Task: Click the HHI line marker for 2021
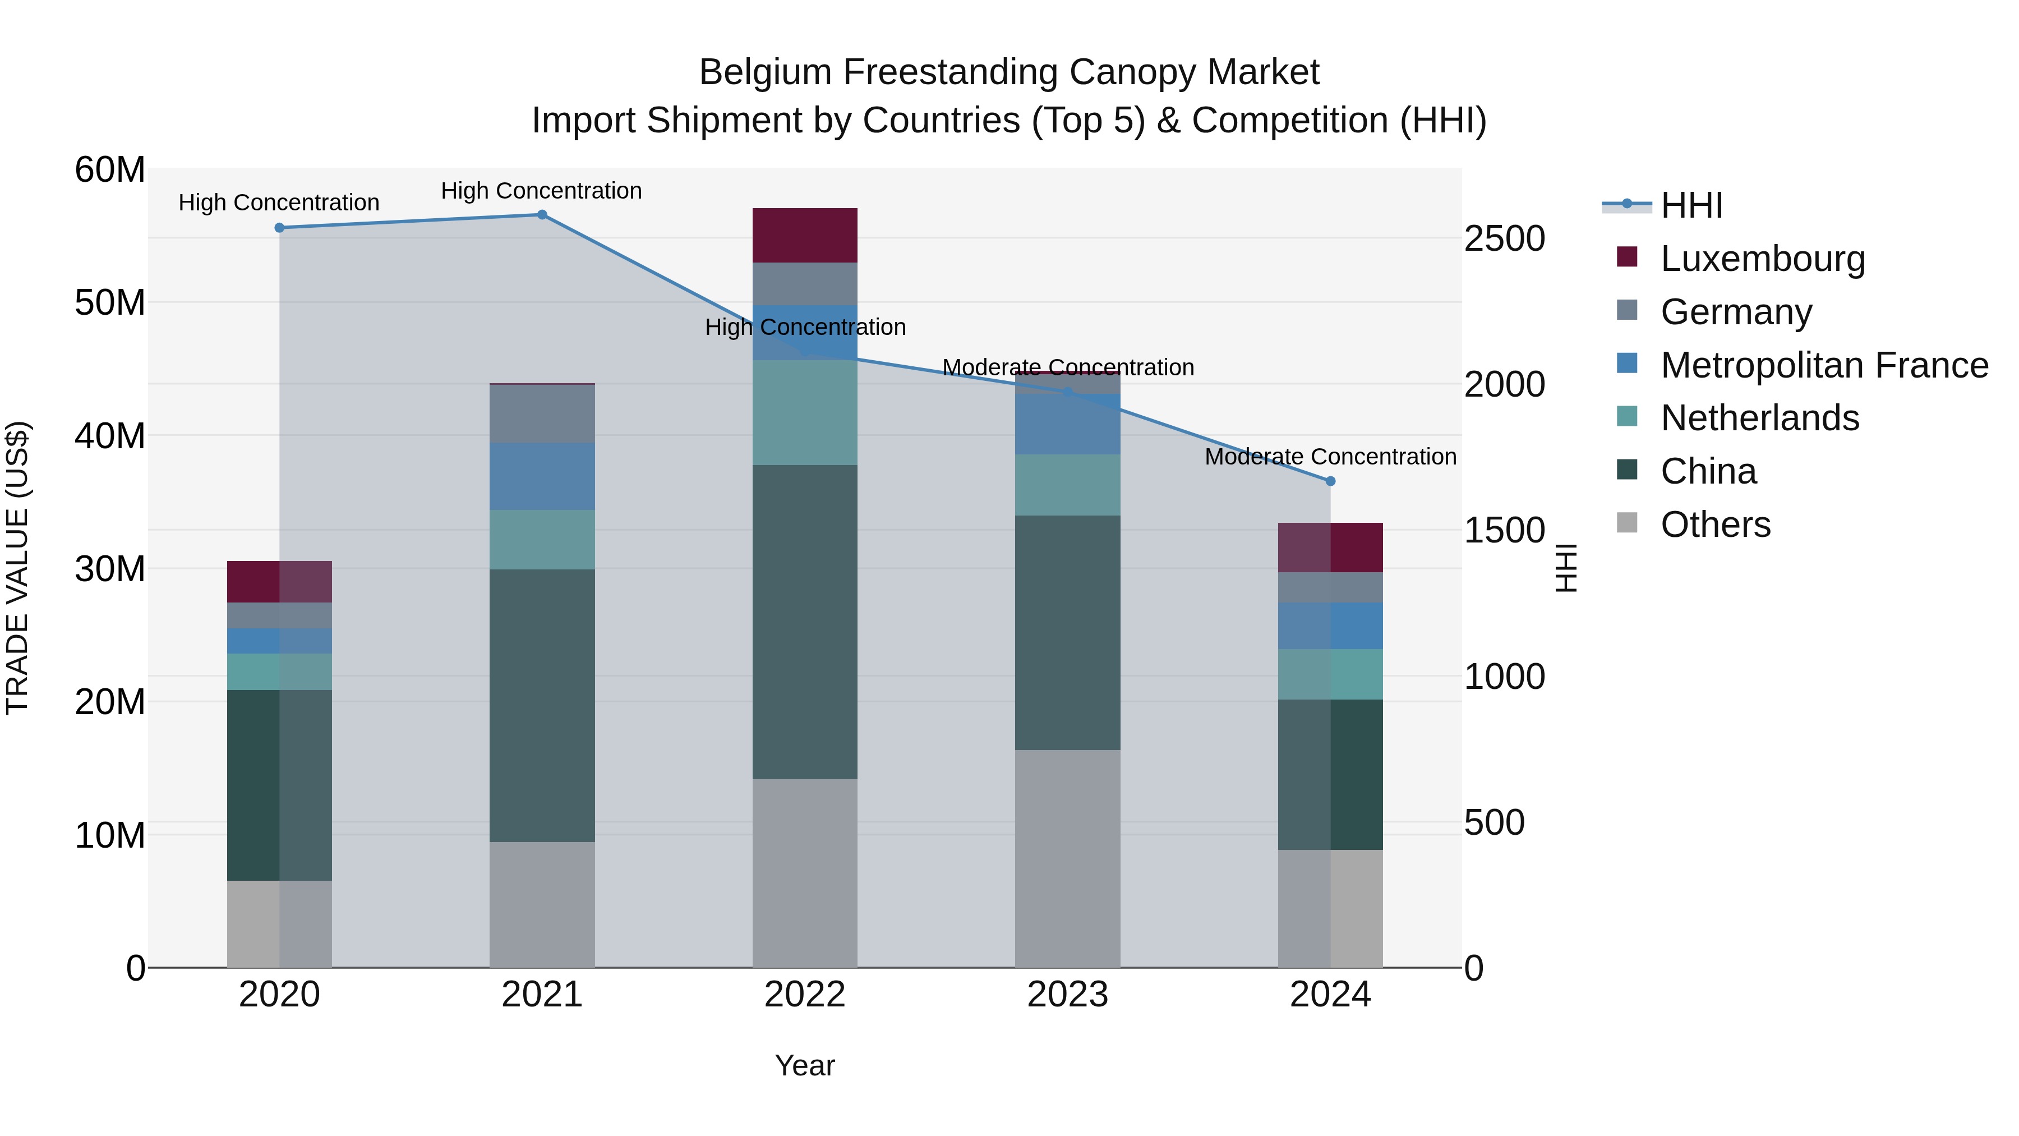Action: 542,215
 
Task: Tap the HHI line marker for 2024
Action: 1330,481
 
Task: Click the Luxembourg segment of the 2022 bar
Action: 805,235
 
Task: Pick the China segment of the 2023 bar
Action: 1067,633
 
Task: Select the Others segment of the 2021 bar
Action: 542,905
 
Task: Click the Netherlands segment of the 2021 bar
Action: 542,539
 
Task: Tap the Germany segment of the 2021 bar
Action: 542,414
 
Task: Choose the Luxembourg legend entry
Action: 1762,259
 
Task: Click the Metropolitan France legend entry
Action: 1823,365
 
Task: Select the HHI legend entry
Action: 1691,205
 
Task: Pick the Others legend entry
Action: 1715,525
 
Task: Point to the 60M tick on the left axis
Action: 110,169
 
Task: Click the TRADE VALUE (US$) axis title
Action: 17,568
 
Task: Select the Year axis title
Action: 805,1065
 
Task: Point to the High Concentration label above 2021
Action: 542,191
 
